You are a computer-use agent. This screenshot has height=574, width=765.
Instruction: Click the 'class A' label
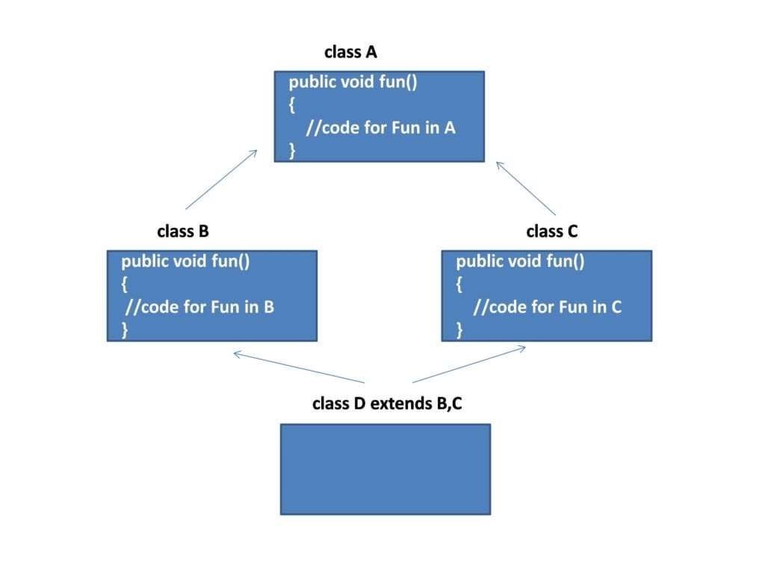pos(350,52)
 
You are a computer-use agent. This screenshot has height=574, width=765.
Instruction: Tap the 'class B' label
pos(183,232)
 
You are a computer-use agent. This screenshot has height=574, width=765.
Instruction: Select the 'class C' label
pos(552,232)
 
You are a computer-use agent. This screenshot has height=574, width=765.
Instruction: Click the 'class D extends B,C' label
pos(387,404)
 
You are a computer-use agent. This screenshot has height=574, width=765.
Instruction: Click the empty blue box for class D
pos(385,469)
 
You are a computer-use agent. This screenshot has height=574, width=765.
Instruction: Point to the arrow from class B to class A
pos(221,179)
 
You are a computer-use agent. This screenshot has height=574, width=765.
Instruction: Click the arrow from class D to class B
pos(299,367)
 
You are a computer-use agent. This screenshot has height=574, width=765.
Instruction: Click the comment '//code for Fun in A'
pos(380,128)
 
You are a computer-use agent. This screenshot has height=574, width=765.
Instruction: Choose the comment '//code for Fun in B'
pos(200,306)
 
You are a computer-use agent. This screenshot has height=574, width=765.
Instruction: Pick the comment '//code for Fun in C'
pos(548,306)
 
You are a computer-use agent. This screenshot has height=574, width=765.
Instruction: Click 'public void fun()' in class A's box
pos(353,82)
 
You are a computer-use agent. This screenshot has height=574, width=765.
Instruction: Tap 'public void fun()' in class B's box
pos(185,262)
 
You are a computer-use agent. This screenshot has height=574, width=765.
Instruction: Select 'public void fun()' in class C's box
pos(520,262)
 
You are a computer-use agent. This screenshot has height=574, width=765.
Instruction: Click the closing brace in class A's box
pos(293,150)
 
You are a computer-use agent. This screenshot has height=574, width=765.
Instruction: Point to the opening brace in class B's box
pos(124,284)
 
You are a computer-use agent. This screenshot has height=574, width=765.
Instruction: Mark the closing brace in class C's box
pos(459,330)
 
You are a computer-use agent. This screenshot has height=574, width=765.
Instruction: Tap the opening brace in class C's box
pos(459,284)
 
